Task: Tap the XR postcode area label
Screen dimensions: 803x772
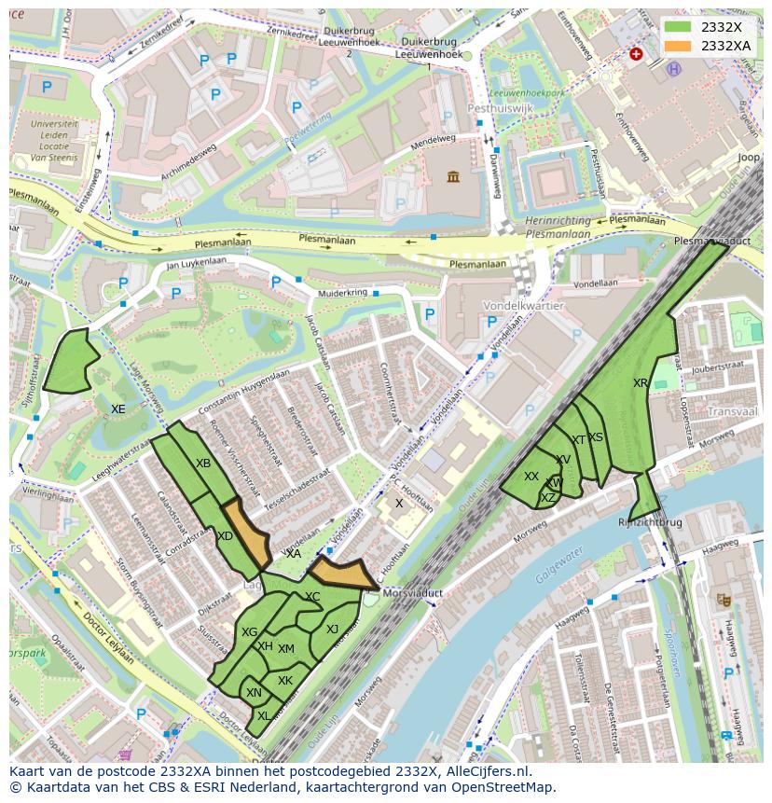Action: point(641,383)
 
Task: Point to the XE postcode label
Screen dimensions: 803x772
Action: point(118,409)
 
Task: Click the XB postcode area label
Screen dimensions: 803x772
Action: point(203,464)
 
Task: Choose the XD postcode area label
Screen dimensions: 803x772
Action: point(225,536)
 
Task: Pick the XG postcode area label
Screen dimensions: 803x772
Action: point(249,632)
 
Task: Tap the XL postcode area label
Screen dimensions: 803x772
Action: point(264,716)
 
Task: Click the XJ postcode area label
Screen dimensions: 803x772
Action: point(332,630)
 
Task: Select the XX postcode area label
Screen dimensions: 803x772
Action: point(531,477)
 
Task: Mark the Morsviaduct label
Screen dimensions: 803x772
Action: point(407,592)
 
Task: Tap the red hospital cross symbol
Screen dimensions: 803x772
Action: point(636,54)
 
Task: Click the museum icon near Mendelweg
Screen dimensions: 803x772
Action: point(452,177)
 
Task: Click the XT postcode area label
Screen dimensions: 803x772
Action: point(579,440)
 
